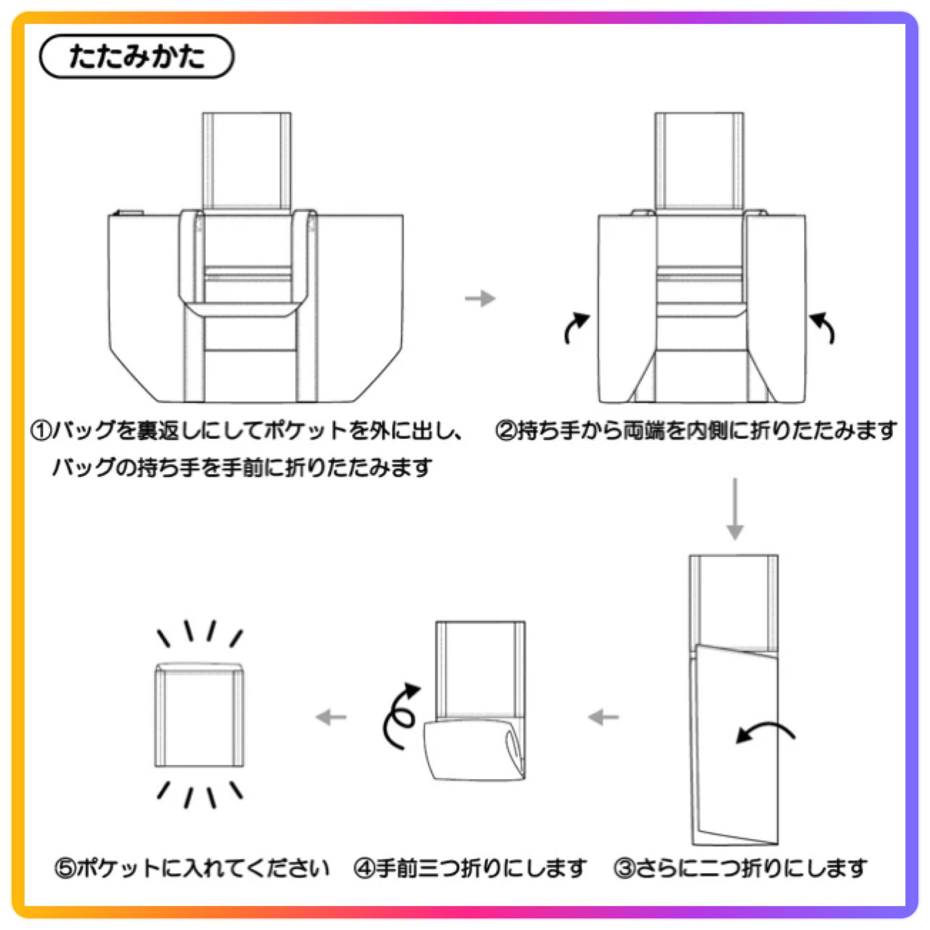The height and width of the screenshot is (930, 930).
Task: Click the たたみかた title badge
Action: click(137, 56)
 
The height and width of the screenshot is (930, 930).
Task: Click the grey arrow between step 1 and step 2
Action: click(480, 298)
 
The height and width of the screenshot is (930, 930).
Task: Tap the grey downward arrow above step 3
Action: click(735, 509)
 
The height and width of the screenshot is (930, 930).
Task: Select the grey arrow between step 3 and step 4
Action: click(604, 717)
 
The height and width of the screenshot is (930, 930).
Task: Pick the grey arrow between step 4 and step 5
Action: click(331, 717)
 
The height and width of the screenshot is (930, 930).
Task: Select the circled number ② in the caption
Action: click(506, 430)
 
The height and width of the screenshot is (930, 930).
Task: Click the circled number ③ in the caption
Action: click(624, 868)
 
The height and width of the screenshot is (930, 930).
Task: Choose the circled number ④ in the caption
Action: click(365, 868)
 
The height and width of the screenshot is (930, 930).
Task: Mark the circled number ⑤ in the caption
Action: click(65, 868)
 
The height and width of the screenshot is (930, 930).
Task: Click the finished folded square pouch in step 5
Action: click(199, 714)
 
